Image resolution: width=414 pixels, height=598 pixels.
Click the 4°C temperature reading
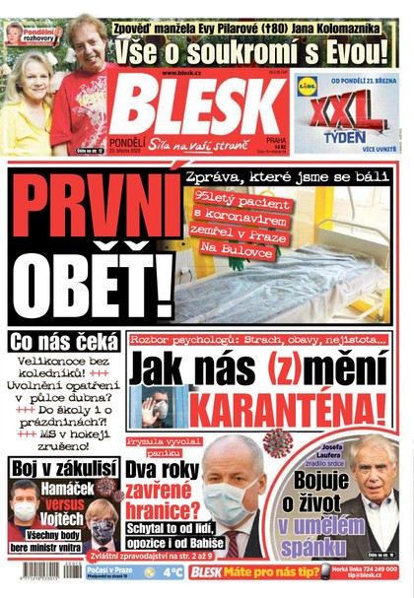pyautogui.click(x=172, y=572)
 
